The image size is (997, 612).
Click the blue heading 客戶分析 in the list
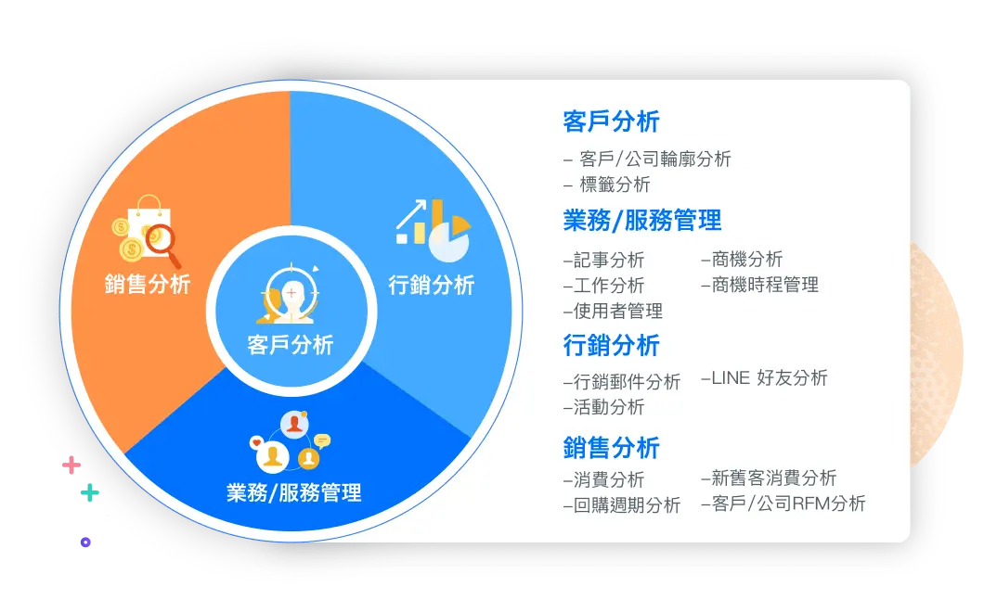[x=611, y=121]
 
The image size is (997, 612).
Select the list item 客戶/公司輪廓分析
[x=654, y=159]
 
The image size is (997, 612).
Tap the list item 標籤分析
[x=615, y=185]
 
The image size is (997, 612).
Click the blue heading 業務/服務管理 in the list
[x=641, y=221]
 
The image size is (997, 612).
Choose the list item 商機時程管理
[x=764, y=285]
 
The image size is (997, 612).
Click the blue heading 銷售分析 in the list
[x=611, y=448]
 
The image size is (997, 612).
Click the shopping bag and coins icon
[x=147, y=231]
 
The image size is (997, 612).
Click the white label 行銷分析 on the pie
[x=432, y=285]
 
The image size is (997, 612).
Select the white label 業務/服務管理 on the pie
[x=293, y=492]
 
